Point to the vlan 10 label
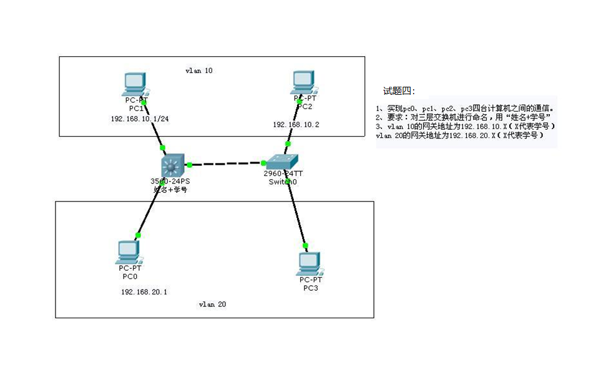[199, 71]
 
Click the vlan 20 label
[212, 305]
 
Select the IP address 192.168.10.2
[296, 125]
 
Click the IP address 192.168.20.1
[144, 291]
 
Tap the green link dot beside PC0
[139, 235]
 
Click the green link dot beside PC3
[305, 245]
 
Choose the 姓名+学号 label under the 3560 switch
[170, 190]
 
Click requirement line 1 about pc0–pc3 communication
[465, 108]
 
